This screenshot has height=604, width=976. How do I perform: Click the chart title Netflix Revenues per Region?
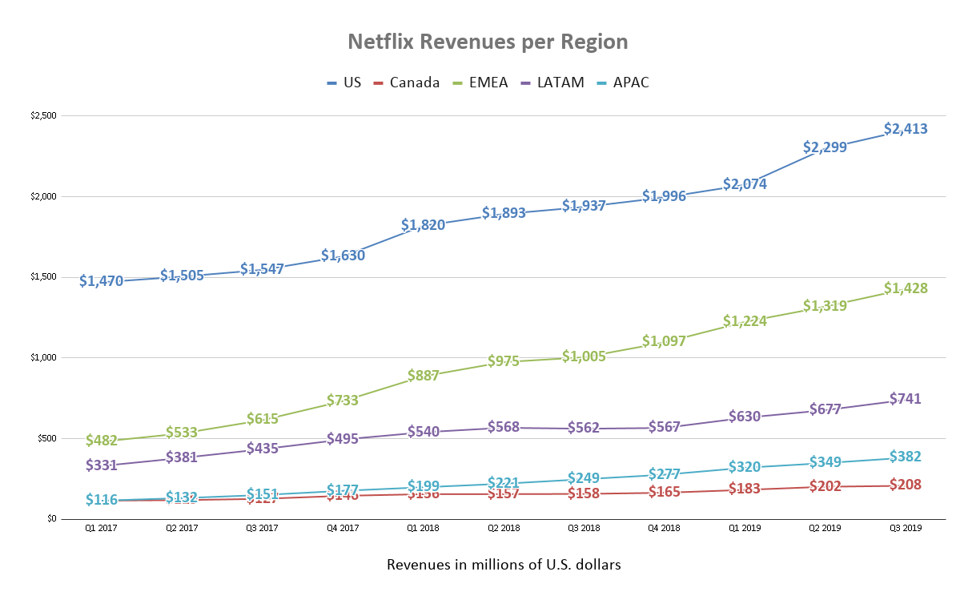click(x=488, y=42)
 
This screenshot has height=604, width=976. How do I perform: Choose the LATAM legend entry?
click(x=552, y=83)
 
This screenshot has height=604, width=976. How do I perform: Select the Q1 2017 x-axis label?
click(x=101, y=529)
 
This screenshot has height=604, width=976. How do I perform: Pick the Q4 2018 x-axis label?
click(x=664, y=529)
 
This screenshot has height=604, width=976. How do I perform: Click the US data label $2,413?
click(x=906, y=129)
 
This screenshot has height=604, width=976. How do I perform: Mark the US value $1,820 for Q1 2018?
click(x=423, y=225)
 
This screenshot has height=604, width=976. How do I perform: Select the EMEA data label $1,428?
click(x=906, y=288)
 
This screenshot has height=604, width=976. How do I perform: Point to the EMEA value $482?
click(x=101, y=441)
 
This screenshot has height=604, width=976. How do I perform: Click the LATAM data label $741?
click(x=906, y=399)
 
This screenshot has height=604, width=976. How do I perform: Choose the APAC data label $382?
click(x=906, y=457)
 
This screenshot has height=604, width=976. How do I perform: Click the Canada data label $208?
click(x=906, y=485)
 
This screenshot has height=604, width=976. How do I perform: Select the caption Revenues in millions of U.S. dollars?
click(x=504, y=565)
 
